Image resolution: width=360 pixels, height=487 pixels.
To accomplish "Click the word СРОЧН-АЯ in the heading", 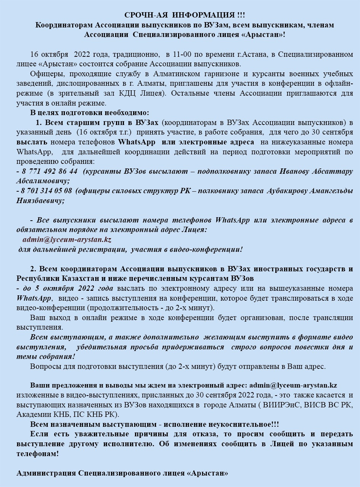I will tap(146, 15).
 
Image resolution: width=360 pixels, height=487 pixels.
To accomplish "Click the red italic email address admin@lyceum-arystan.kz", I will tap(67, 240).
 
